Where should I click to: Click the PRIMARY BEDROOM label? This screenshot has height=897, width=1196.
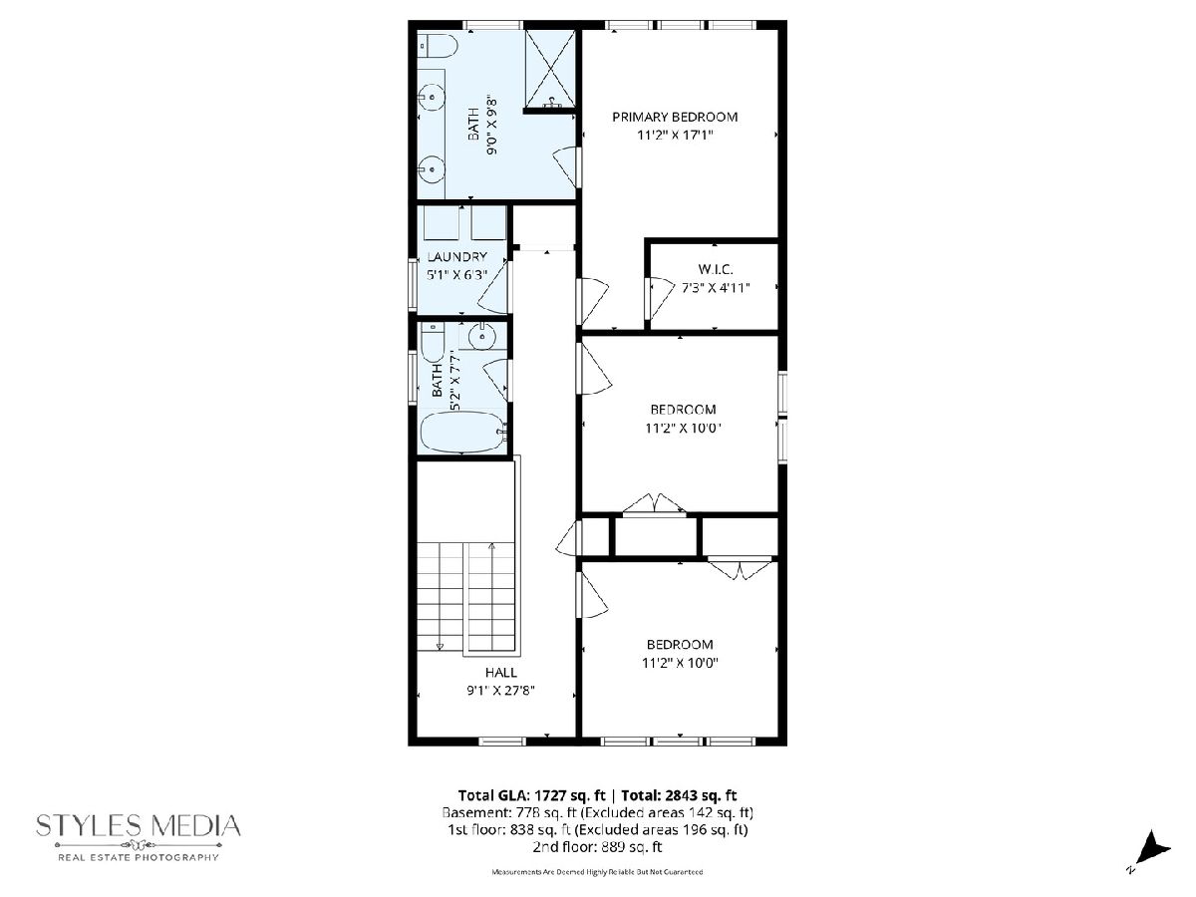tap(675, 117)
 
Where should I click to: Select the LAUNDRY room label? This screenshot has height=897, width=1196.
tap(456, 256)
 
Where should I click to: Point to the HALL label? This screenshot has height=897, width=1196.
tap(500, 672)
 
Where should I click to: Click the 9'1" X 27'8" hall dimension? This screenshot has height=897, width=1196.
tap(500, 691)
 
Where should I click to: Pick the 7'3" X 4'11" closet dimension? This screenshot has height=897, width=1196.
tap(716, 288)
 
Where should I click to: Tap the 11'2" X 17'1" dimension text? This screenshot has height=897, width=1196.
tap(675, 136)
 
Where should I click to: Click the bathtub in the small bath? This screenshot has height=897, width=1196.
tap(464, 433)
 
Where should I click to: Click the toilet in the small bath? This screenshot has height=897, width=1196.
tap(434, 342)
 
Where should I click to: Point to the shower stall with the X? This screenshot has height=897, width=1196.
tap(550, 69)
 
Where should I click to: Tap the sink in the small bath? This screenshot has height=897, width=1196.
tap(482, 336)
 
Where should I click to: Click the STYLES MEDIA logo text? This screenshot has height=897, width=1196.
tap(139, 826)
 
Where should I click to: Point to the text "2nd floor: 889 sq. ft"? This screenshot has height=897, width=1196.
tap(597, 847)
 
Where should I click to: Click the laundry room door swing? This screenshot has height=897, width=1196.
tap(493, 286)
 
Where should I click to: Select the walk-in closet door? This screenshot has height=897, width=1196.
tap(658, 298)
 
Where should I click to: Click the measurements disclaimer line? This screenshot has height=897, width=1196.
tap(597, 872)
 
